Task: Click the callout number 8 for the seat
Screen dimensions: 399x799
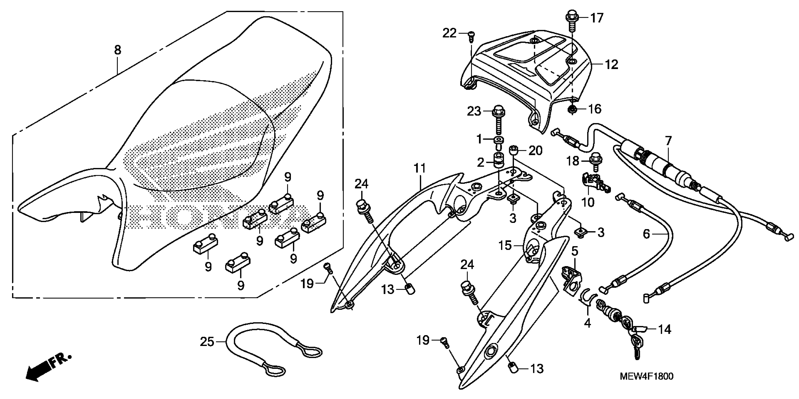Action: click(118, 50)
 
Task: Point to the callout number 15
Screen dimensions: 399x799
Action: click(505, 246)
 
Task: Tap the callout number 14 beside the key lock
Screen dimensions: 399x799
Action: click(665, 329)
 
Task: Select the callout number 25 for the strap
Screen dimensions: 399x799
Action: click(207, 342)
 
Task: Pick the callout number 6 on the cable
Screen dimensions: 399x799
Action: click(646, 234)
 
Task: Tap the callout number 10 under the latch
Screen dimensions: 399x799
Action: click(587, 202)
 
